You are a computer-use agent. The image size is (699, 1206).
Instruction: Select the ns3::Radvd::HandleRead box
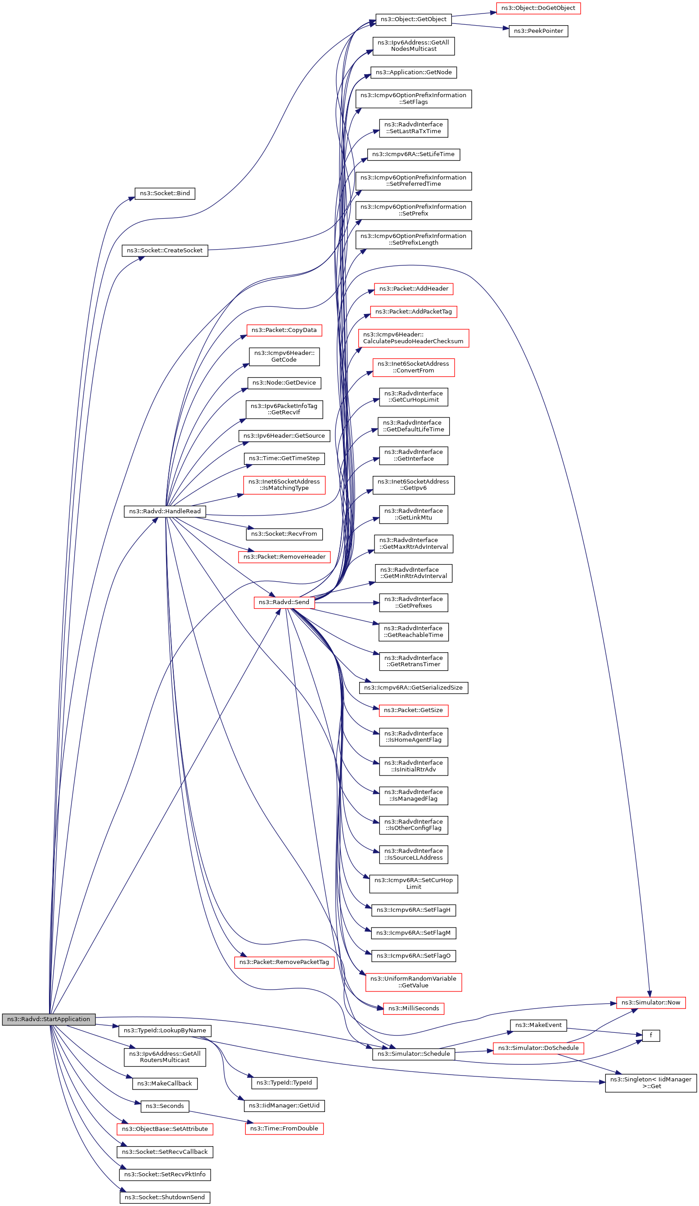click(165, 511)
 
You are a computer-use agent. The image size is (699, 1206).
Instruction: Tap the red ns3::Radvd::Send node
click(284, 602)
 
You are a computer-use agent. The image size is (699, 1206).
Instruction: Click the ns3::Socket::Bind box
click(165, 193)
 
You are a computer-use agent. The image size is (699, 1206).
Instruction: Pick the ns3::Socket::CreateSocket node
click(165, 250)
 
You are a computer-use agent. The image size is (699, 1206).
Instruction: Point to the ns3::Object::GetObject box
click(414, 19)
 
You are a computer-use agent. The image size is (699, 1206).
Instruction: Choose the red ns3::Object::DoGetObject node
click(538, 8)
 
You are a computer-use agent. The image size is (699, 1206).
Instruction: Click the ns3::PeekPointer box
click(538, 31)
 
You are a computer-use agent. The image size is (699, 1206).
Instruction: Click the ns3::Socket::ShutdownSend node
click(165, 1197)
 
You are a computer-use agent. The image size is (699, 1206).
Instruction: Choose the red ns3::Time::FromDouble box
click(284, 1129)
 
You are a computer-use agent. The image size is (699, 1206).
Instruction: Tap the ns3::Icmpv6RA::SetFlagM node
click(414, 933)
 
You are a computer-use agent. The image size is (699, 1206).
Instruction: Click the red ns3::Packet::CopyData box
click(284, 330)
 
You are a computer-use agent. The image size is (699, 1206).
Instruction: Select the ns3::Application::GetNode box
click(414, 72)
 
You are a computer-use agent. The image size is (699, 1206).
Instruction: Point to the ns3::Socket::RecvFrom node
click(284, 534)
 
